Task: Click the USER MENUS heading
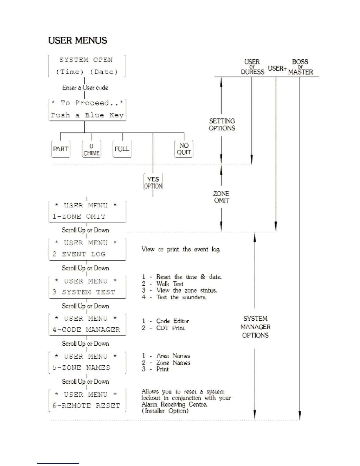point(78,41)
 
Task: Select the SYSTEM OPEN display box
point(87,66)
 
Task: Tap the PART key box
point(61,149)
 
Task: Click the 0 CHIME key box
point(91,149)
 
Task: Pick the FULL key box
point(122,149)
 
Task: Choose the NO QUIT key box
point(184,149)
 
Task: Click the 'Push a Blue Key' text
point(87,115)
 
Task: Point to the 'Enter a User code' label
point(85,88)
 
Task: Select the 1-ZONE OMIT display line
point(79,217)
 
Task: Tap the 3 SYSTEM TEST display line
point(84,292)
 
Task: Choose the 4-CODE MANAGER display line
point(86,330)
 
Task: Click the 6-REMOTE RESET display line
point(86,406)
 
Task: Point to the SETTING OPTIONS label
point(222,124)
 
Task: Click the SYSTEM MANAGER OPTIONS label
point(255,327)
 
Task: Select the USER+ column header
point(277,69)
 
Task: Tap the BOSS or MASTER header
point(300,67)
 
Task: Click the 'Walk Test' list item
point(170,284)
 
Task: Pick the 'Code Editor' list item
point(172,321)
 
